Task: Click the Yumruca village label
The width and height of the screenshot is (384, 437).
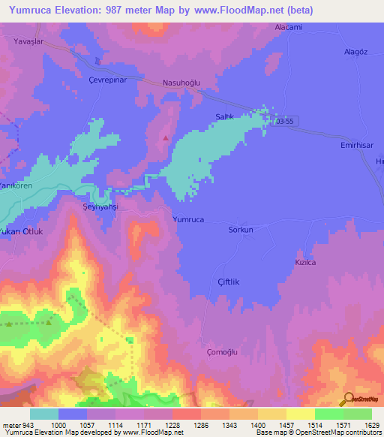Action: coord(188,220)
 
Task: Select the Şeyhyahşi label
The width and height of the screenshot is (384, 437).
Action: coord(100,206)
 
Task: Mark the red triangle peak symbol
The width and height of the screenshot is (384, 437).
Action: coord(166,137)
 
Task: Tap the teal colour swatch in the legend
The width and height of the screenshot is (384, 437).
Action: coord(44,414)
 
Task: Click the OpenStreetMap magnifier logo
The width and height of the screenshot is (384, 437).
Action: coord(348,399)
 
